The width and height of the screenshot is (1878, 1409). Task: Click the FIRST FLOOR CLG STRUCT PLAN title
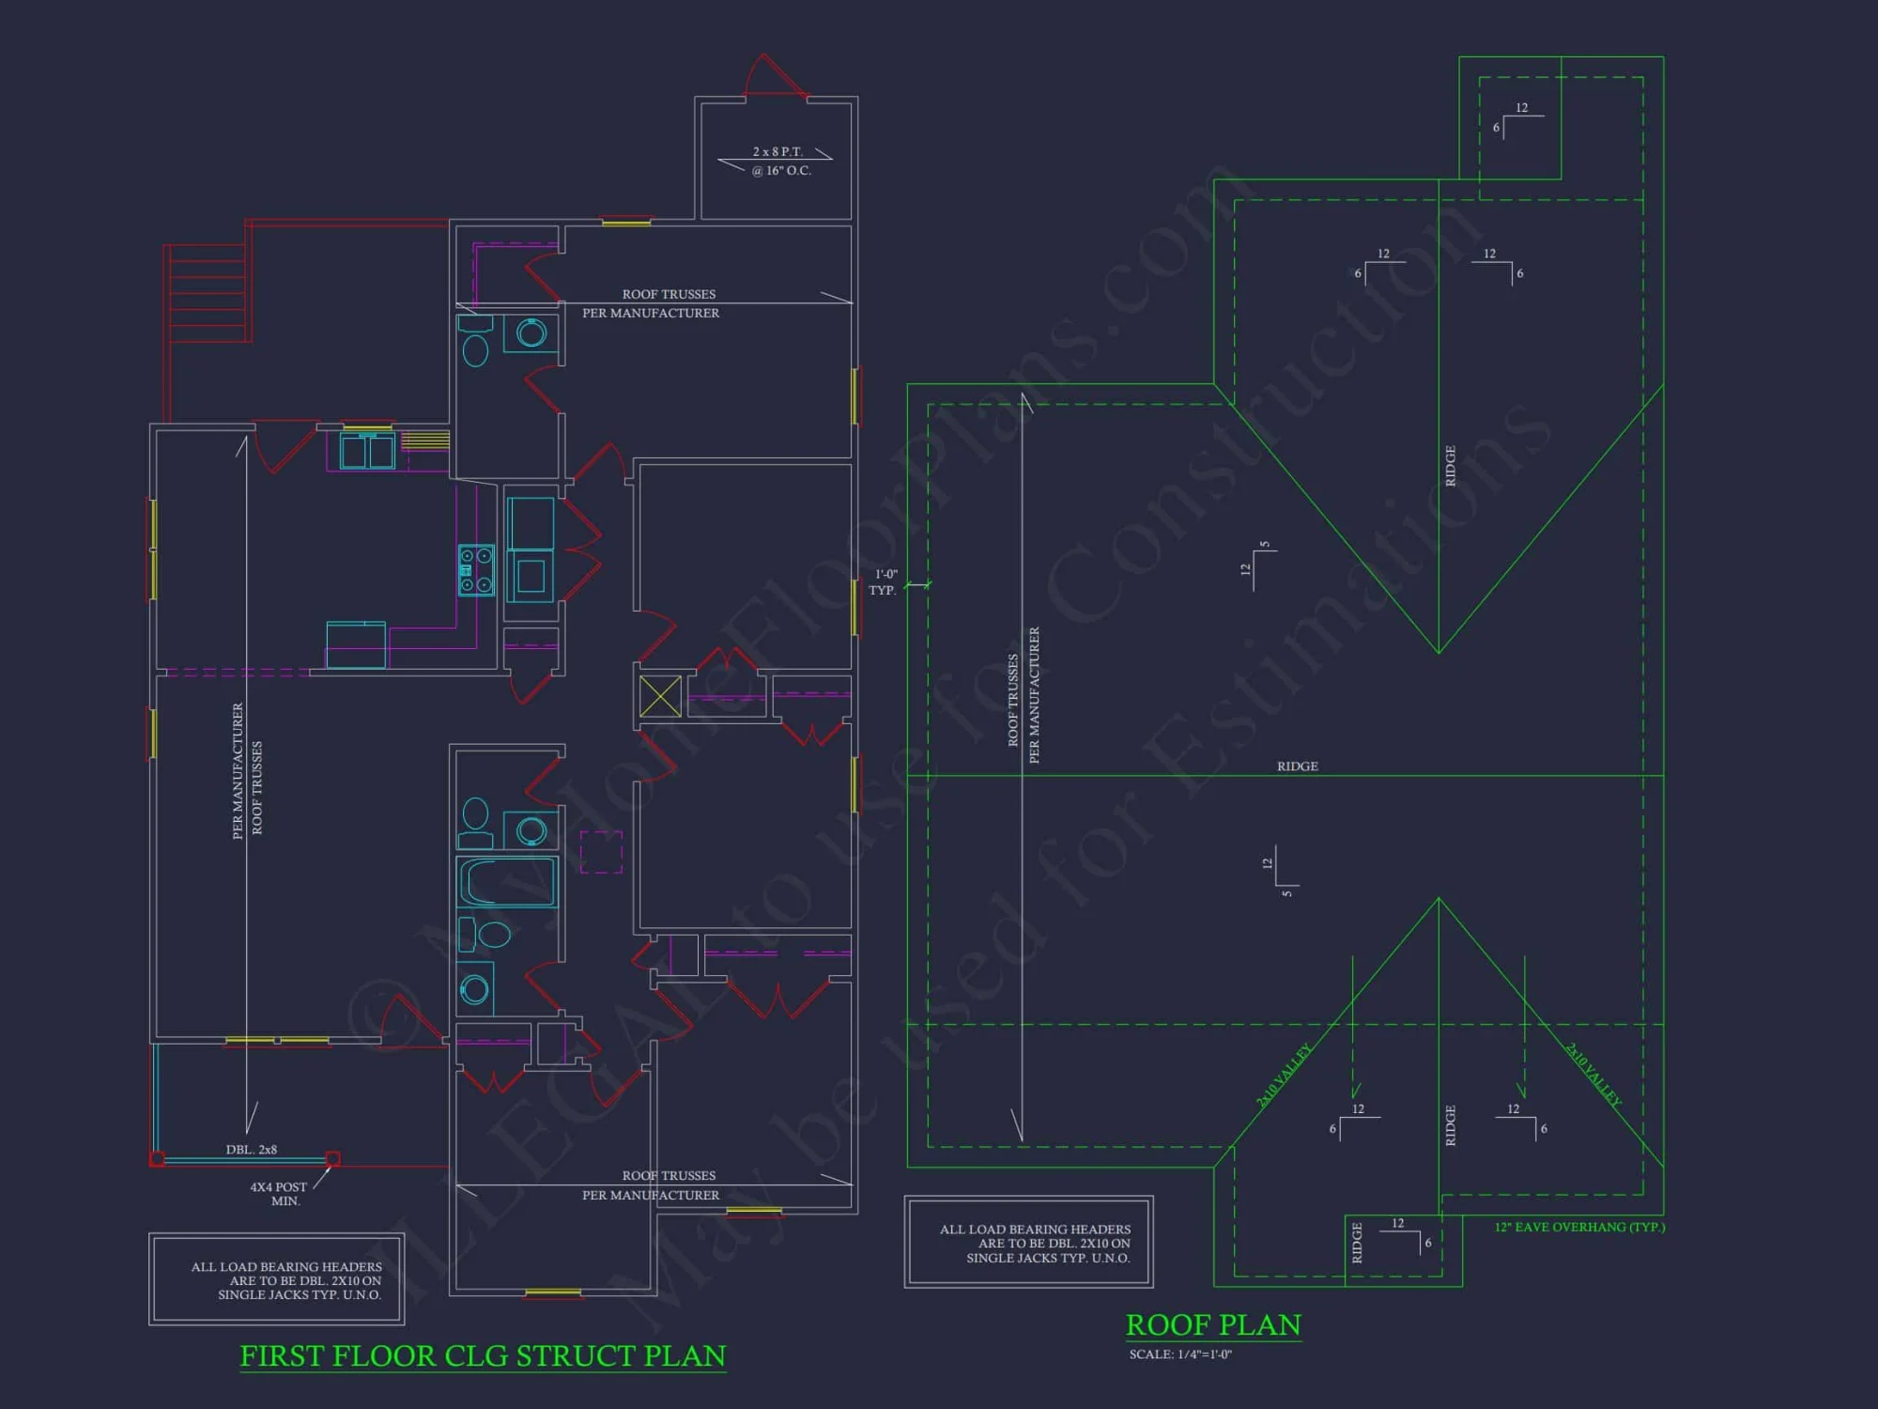pos(483,1355)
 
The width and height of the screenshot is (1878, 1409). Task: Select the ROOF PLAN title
pos(1213,1324)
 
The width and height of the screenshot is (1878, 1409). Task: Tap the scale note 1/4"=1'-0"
pos(1180,1355)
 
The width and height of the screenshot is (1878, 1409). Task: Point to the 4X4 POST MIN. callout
pos(279,1194)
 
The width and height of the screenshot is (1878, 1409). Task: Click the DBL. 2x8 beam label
pos(251,1150)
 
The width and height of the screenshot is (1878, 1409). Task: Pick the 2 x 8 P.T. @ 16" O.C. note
pos(779,161)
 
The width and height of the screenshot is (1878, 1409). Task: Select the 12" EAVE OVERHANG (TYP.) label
pos(1579,1227)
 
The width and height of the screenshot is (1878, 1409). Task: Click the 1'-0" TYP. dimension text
pos(885,581)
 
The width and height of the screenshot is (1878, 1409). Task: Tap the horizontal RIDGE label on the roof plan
pos(1297,766)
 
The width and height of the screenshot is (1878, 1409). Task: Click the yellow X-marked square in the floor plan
pos(660,696)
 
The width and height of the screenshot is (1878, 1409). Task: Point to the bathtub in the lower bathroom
pos(507,882)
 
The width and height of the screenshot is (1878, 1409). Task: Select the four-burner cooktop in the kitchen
pos(476,570)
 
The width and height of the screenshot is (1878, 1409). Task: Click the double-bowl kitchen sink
pos(367,451)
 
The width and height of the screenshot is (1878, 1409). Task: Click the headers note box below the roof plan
pos(1028,1242)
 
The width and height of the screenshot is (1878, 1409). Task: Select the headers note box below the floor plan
pos(277,1279)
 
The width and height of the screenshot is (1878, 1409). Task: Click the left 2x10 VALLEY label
pos(1284,1075)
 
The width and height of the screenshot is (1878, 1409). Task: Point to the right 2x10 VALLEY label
pos(1593,1074)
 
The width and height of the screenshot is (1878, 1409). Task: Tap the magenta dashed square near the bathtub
pos(601,852)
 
